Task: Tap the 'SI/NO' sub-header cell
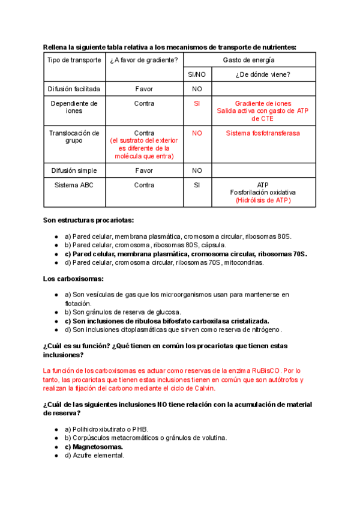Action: point(197,74)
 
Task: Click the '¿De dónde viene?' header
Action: point(263,74)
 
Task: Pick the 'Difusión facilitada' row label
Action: point(74,89)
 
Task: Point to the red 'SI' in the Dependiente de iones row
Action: point(197,103)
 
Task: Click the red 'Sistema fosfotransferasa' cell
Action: point(263,133)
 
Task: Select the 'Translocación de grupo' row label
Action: point(74,137)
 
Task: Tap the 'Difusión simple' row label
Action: point(74,170)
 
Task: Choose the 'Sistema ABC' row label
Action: point(74,185)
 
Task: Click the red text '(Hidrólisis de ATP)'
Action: point(263,200)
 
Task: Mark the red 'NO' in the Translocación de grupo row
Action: point(197,133)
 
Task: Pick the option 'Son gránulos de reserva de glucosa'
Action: point(122,312)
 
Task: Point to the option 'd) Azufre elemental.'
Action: point(94,455)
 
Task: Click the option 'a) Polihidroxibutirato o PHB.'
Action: point(106,429)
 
